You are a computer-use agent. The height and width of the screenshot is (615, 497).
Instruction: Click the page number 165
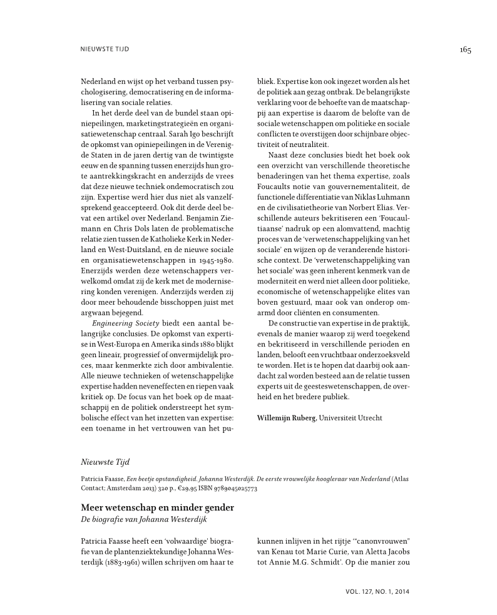pyautogui.click(x=464, y=50)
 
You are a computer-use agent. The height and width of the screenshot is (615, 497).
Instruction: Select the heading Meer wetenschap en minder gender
pyautogui.click(x=157, y=507)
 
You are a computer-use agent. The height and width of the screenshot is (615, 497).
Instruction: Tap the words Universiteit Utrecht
pyautogui.click(x=351, y=417)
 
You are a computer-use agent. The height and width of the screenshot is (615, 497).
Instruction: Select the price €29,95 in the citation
pyautogui.click(x=186, y=487)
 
